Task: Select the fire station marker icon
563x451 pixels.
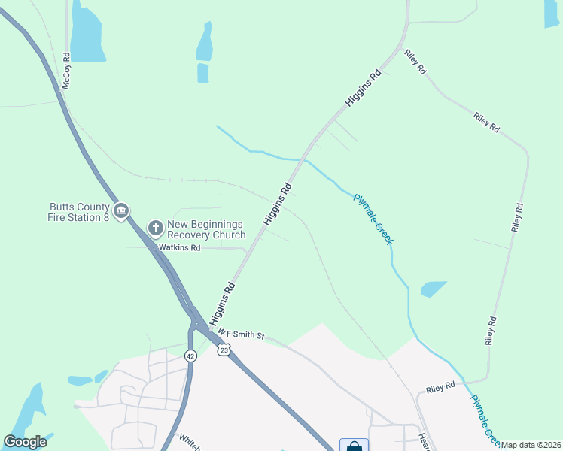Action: [x=122, y=210]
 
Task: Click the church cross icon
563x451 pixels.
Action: [x=155, y=227]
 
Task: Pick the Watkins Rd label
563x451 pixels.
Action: [x=179, y=247]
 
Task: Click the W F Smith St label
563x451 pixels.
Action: [x=241, y=332]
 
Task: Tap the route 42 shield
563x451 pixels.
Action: [x=190, y=356]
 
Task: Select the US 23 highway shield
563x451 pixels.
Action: [x=224, y=350]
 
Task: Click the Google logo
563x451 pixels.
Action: [x=25, y=442]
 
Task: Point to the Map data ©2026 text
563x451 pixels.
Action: [x=531, y=445]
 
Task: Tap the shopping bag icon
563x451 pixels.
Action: [x=354, y=446]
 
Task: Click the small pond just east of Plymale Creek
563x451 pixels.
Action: [x=434, y=289]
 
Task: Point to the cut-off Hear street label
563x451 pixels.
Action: [x=424, y=441]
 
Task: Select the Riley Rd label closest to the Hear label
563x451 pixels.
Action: [x=441, y=387]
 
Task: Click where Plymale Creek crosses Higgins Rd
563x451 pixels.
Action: [x=304, y=159]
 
